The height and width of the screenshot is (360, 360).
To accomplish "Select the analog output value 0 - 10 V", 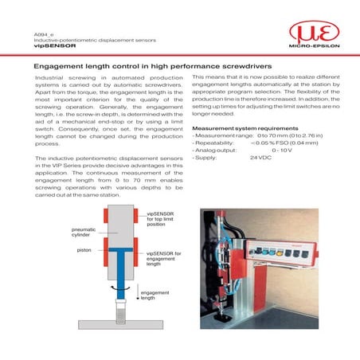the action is coord(284,151).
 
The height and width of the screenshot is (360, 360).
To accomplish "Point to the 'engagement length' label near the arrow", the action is coord(154,296).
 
